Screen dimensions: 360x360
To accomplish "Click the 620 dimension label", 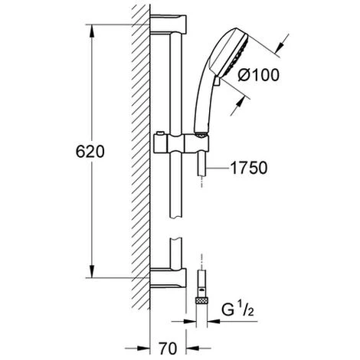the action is click(x=90, y=152).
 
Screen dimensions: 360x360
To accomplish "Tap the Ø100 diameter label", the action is click(x=258, y=75).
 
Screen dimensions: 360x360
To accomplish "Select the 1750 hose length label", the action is click(x=249, y=168).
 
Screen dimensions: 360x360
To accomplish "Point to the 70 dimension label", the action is click(x=168, y=349).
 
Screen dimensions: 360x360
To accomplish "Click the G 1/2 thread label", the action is click(x=237, y=309).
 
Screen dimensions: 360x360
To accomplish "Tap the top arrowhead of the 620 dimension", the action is click(x=92, y=31).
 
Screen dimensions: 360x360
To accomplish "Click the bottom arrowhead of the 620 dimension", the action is click(x=92, y=271).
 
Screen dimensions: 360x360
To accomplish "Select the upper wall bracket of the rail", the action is click(x=168, y=24).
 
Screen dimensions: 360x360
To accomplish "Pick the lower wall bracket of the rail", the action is click(x=168, y=278).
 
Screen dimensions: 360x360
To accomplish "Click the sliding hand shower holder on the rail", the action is click(x=181, y=144).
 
